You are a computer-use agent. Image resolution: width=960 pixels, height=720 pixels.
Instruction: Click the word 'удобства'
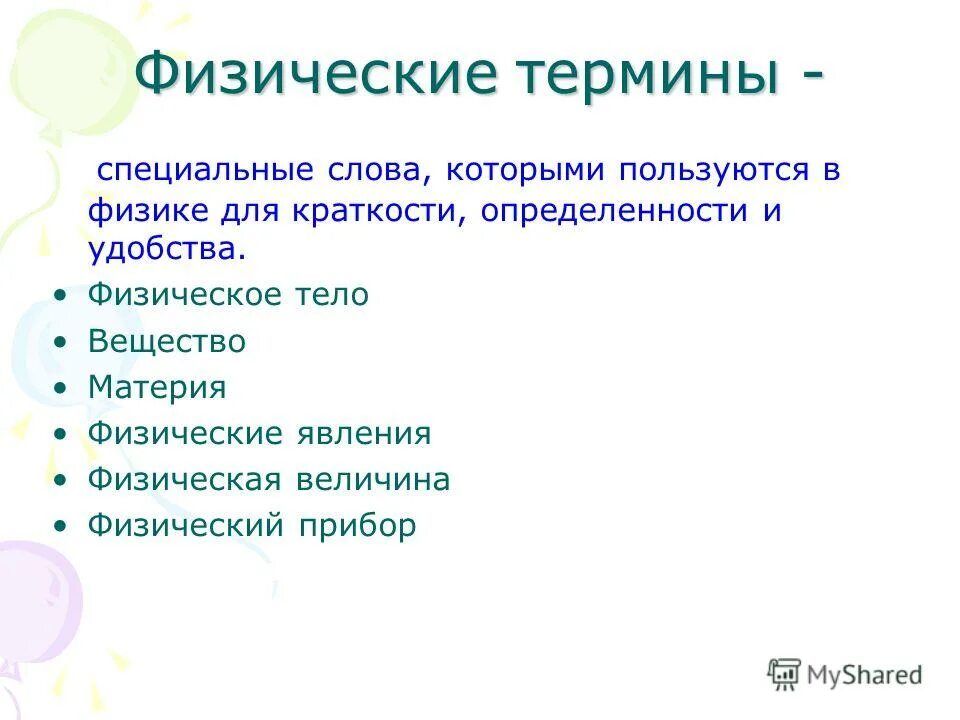(x=162, y=250)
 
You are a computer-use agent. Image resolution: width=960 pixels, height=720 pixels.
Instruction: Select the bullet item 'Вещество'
(x=167, y=342)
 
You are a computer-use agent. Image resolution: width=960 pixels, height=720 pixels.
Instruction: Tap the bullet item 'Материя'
(x=157, y=387)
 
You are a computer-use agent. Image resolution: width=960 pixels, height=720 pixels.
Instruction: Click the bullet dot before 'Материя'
(x=63, y=388)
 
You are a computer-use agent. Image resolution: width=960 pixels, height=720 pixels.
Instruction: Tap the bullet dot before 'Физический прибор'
(x=63, y=527)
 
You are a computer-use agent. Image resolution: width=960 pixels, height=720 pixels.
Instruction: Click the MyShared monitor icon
(x=784, y=674)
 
